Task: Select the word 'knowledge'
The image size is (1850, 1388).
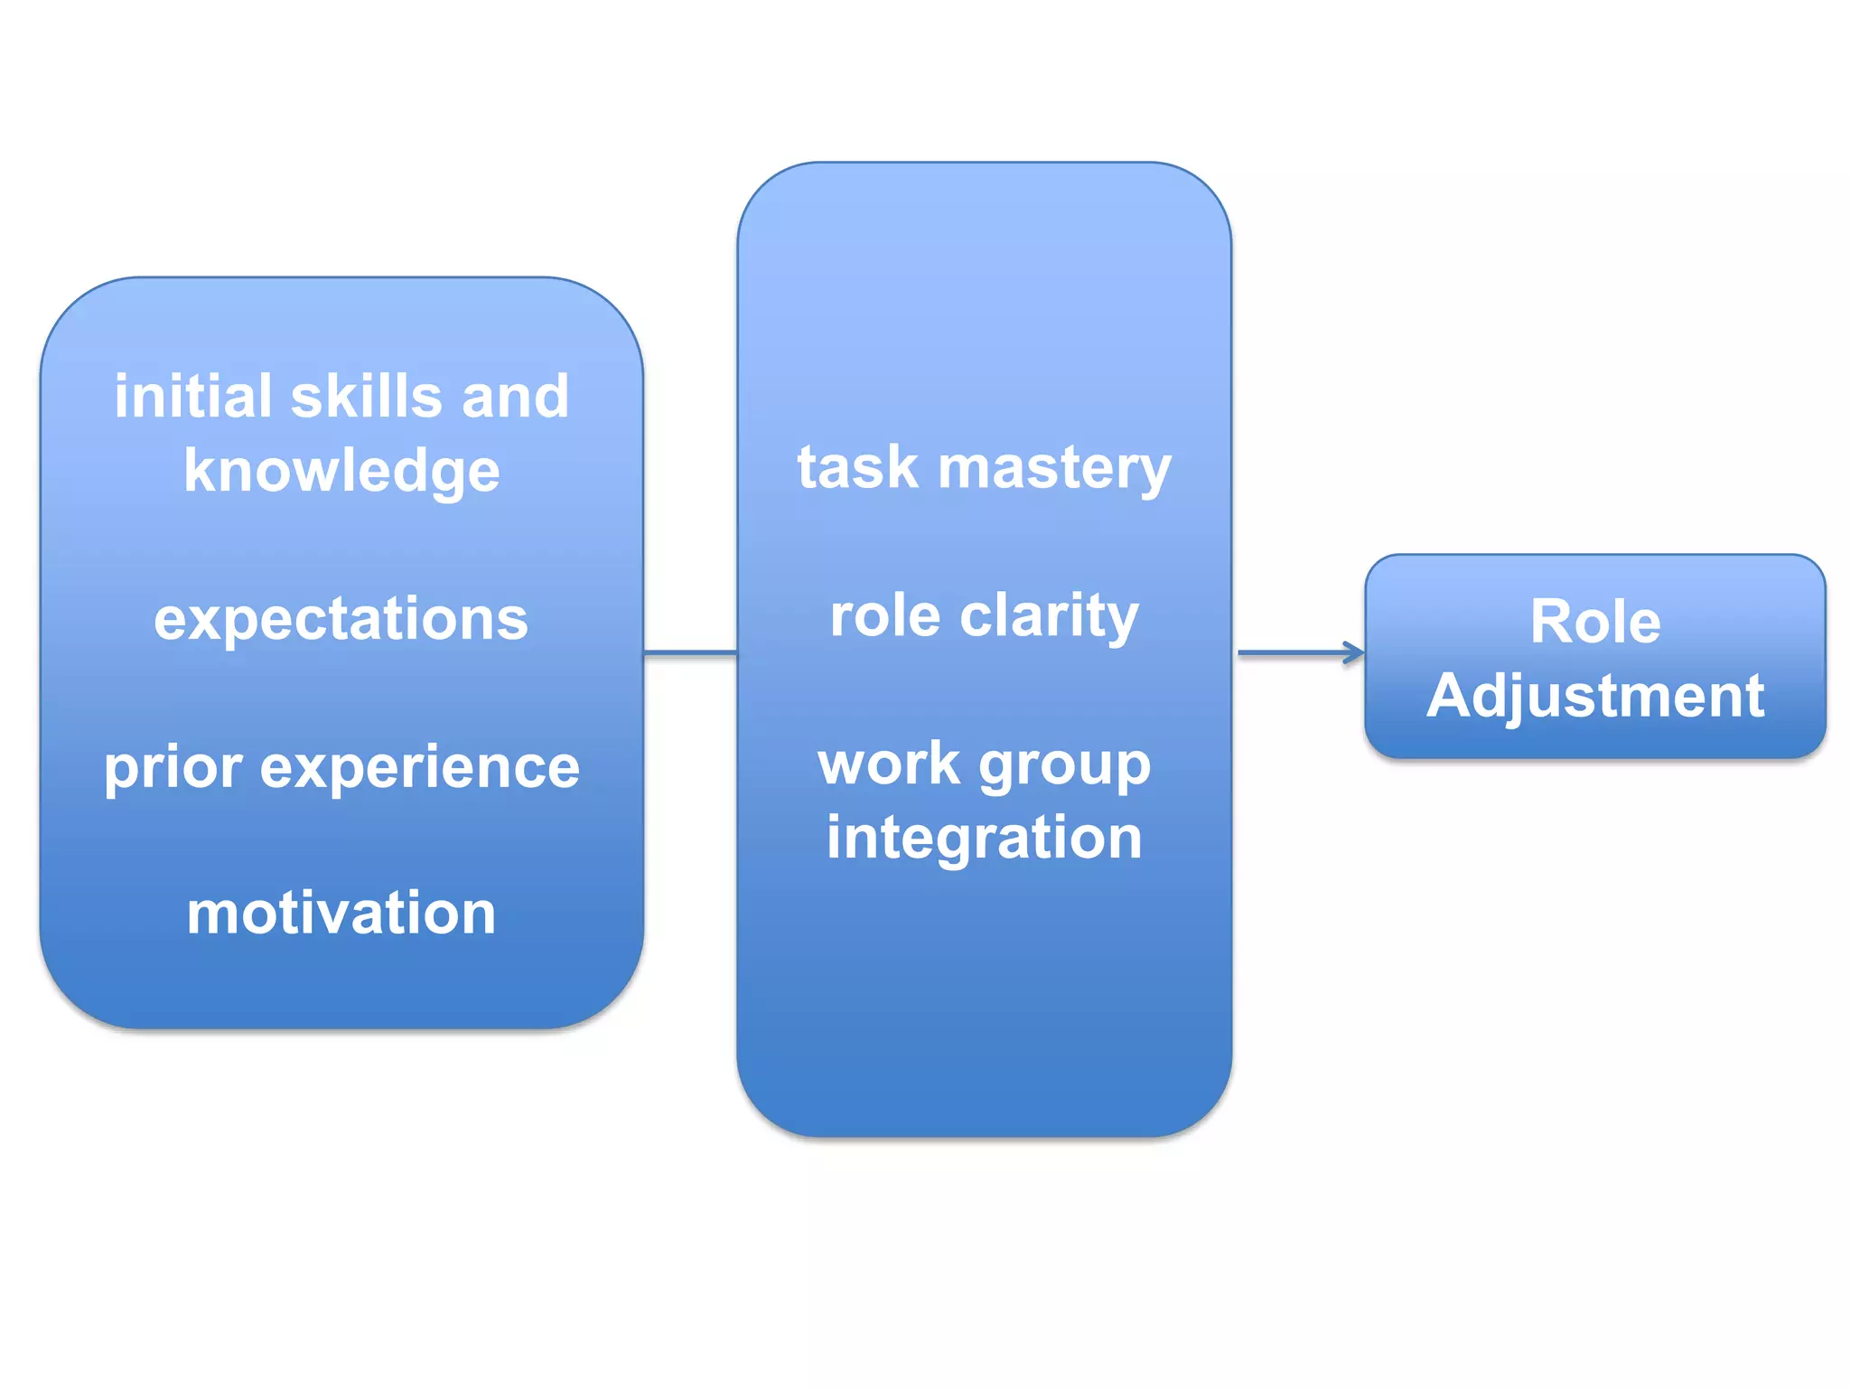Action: point(341,471)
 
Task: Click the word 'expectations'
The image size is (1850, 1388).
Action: point(341,619)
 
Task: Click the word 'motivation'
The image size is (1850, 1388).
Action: point(341,913)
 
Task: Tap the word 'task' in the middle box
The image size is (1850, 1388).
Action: point(856,467)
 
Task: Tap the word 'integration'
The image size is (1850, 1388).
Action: point(984,838)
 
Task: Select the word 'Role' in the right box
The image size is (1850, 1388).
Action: point(1595,622)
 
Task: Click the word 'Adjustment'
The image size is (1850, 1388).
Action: point(1595,696)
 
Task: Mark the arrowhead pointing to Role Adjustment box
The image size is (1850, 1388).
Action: point(1355,652)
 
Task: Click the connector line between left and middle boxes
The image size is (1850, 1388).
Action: point(690,652)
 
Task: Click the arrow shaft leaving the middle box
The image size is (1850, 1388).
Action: point(1292,652)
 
